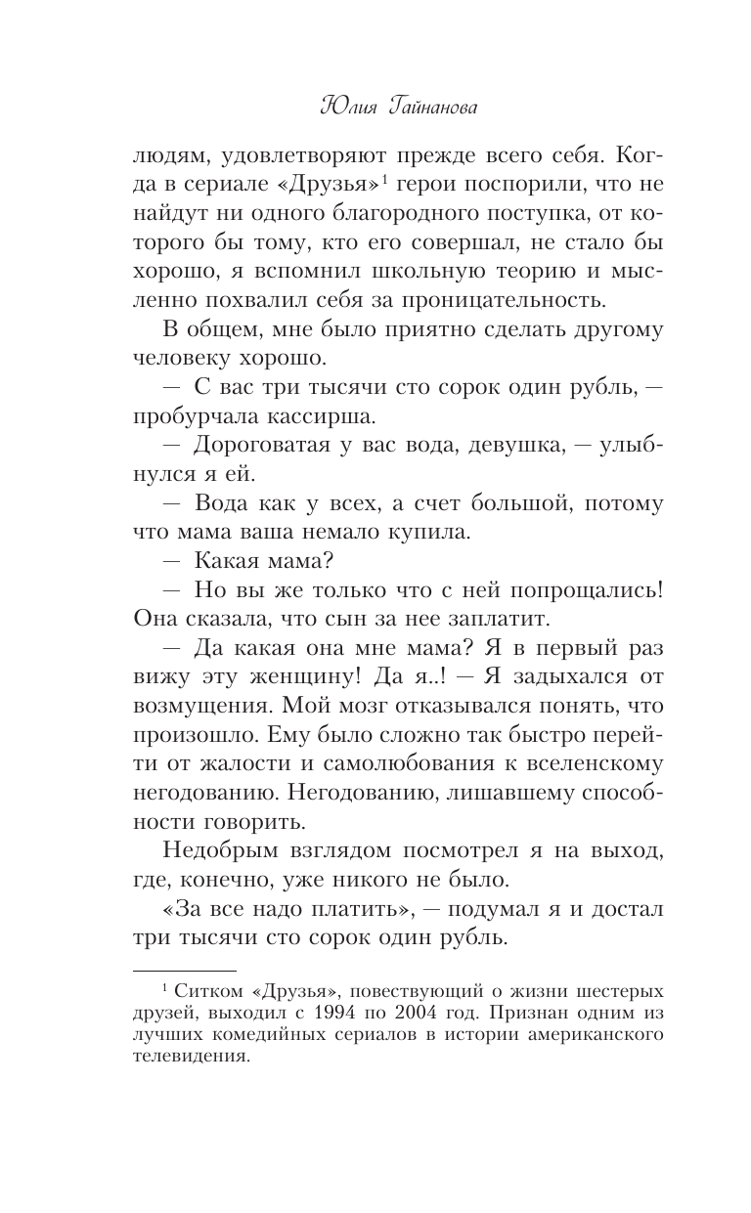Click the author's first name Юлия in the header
pos(349,107)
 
